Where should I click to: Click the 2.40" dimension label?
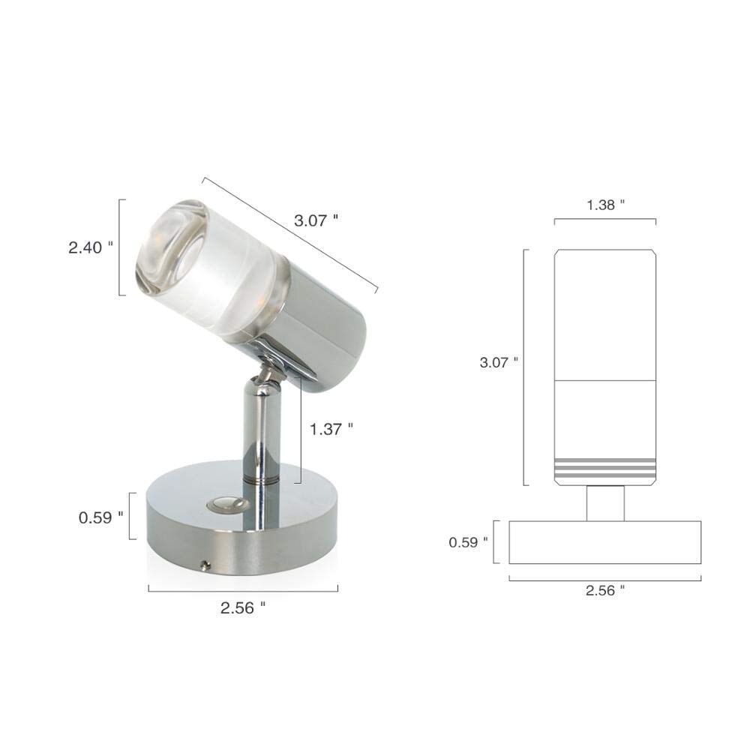[91, 247]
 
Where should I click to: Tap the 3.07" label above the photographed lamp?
[316, 220]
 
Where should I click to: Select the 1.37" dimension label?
[331, 429]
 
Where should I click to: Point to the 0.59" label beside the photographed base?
[100, 517]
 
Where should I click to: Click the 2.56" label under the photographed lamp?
[242, 608]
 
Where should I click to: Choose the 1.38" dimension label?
[604, 204]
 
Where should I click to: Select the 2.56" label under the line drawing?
[604, 590]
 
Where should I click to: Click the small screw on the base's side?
[205, 563]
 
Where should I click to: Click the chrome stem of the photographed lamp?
[261, 435]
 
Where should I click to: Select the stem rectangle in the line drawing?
[605, 502]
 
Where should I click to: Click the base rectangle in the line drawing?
[604, 542]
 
